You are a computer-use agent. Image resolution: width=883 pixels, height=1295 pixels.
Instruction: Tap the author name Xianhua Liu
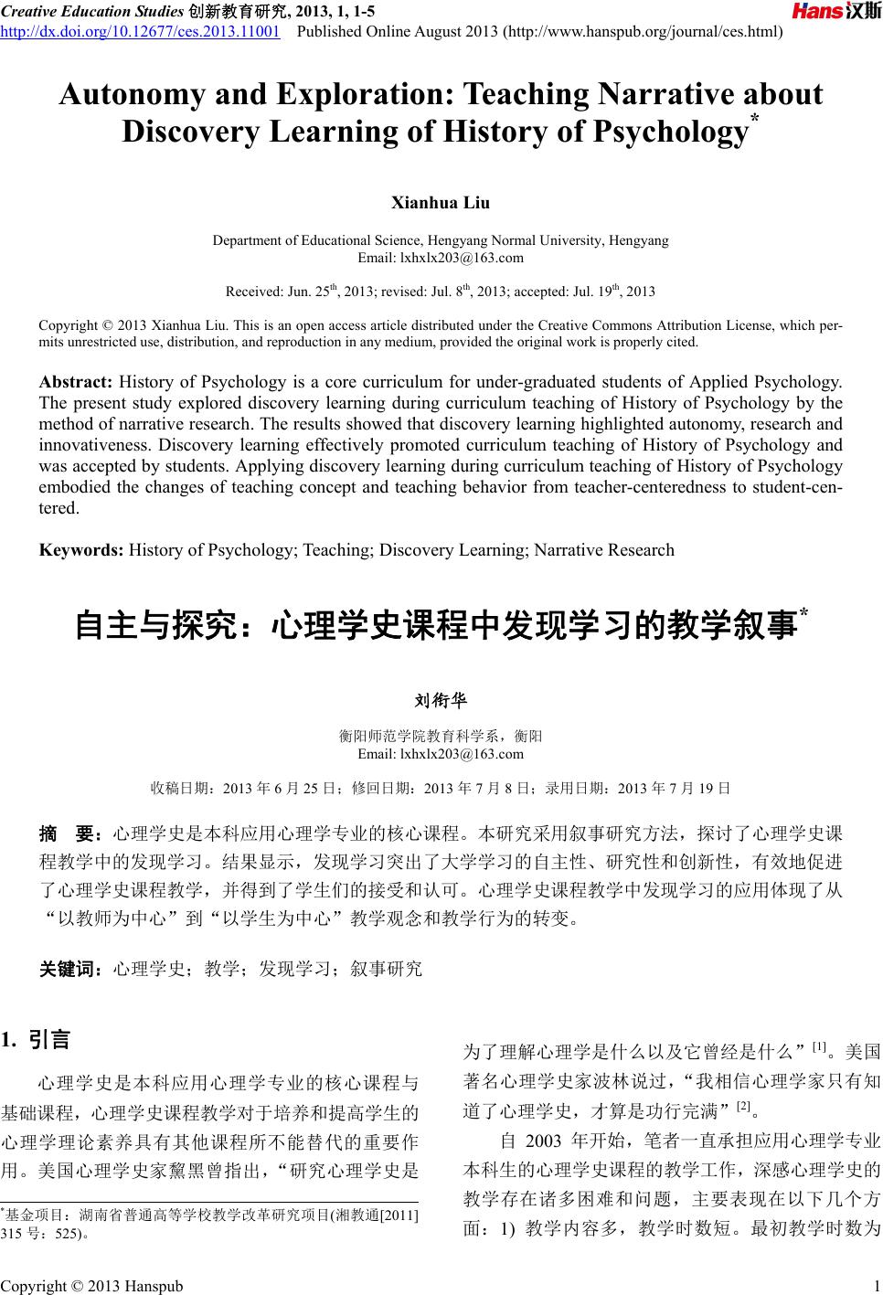click(441, 202)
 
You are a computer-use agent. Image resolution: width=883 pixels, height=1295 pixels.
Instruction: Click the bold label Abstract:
click(76, 381)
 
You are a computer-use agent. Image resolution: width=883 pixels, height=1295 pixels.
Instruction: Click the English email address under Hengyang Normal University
click(441, 257)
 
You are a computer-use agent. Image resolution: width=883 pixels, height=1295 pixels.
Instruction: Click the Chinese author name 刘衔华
click(441, 701)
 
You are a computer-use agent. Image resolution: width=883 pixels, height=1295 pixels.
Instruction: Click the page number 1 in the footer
click(876, 1286)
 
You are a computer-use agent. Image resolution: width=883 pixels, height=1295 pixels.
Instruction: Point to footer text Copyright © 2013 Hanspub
click(91, 1286)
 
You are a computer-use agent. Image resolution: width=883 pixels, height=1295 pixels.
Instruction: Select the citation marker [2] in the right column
click(743, 1106)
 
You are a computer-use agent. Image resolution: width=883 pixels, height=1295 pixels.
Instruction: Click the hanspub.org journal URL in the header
click(644, 33)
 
